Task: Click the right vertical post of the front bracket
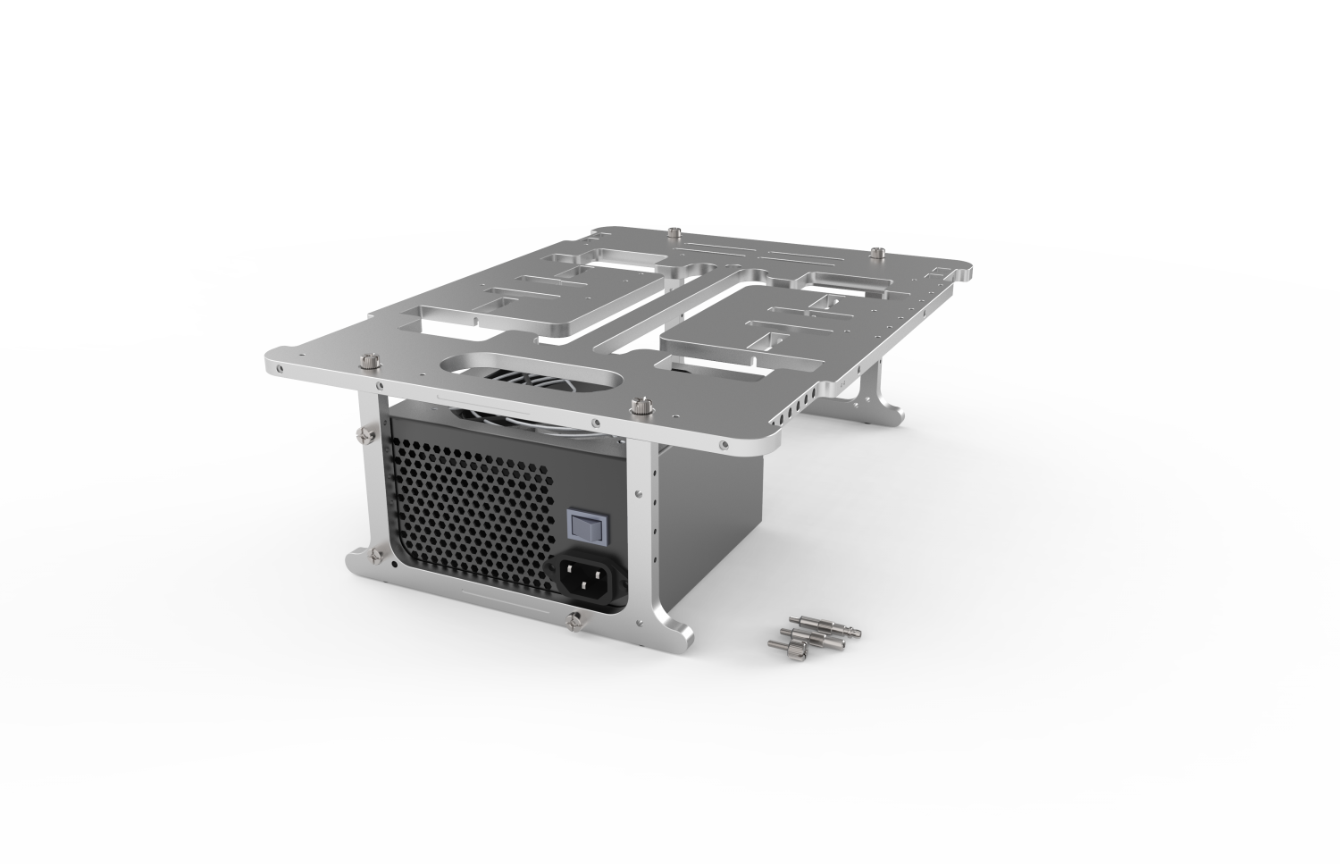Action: [x=642, y=527]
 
